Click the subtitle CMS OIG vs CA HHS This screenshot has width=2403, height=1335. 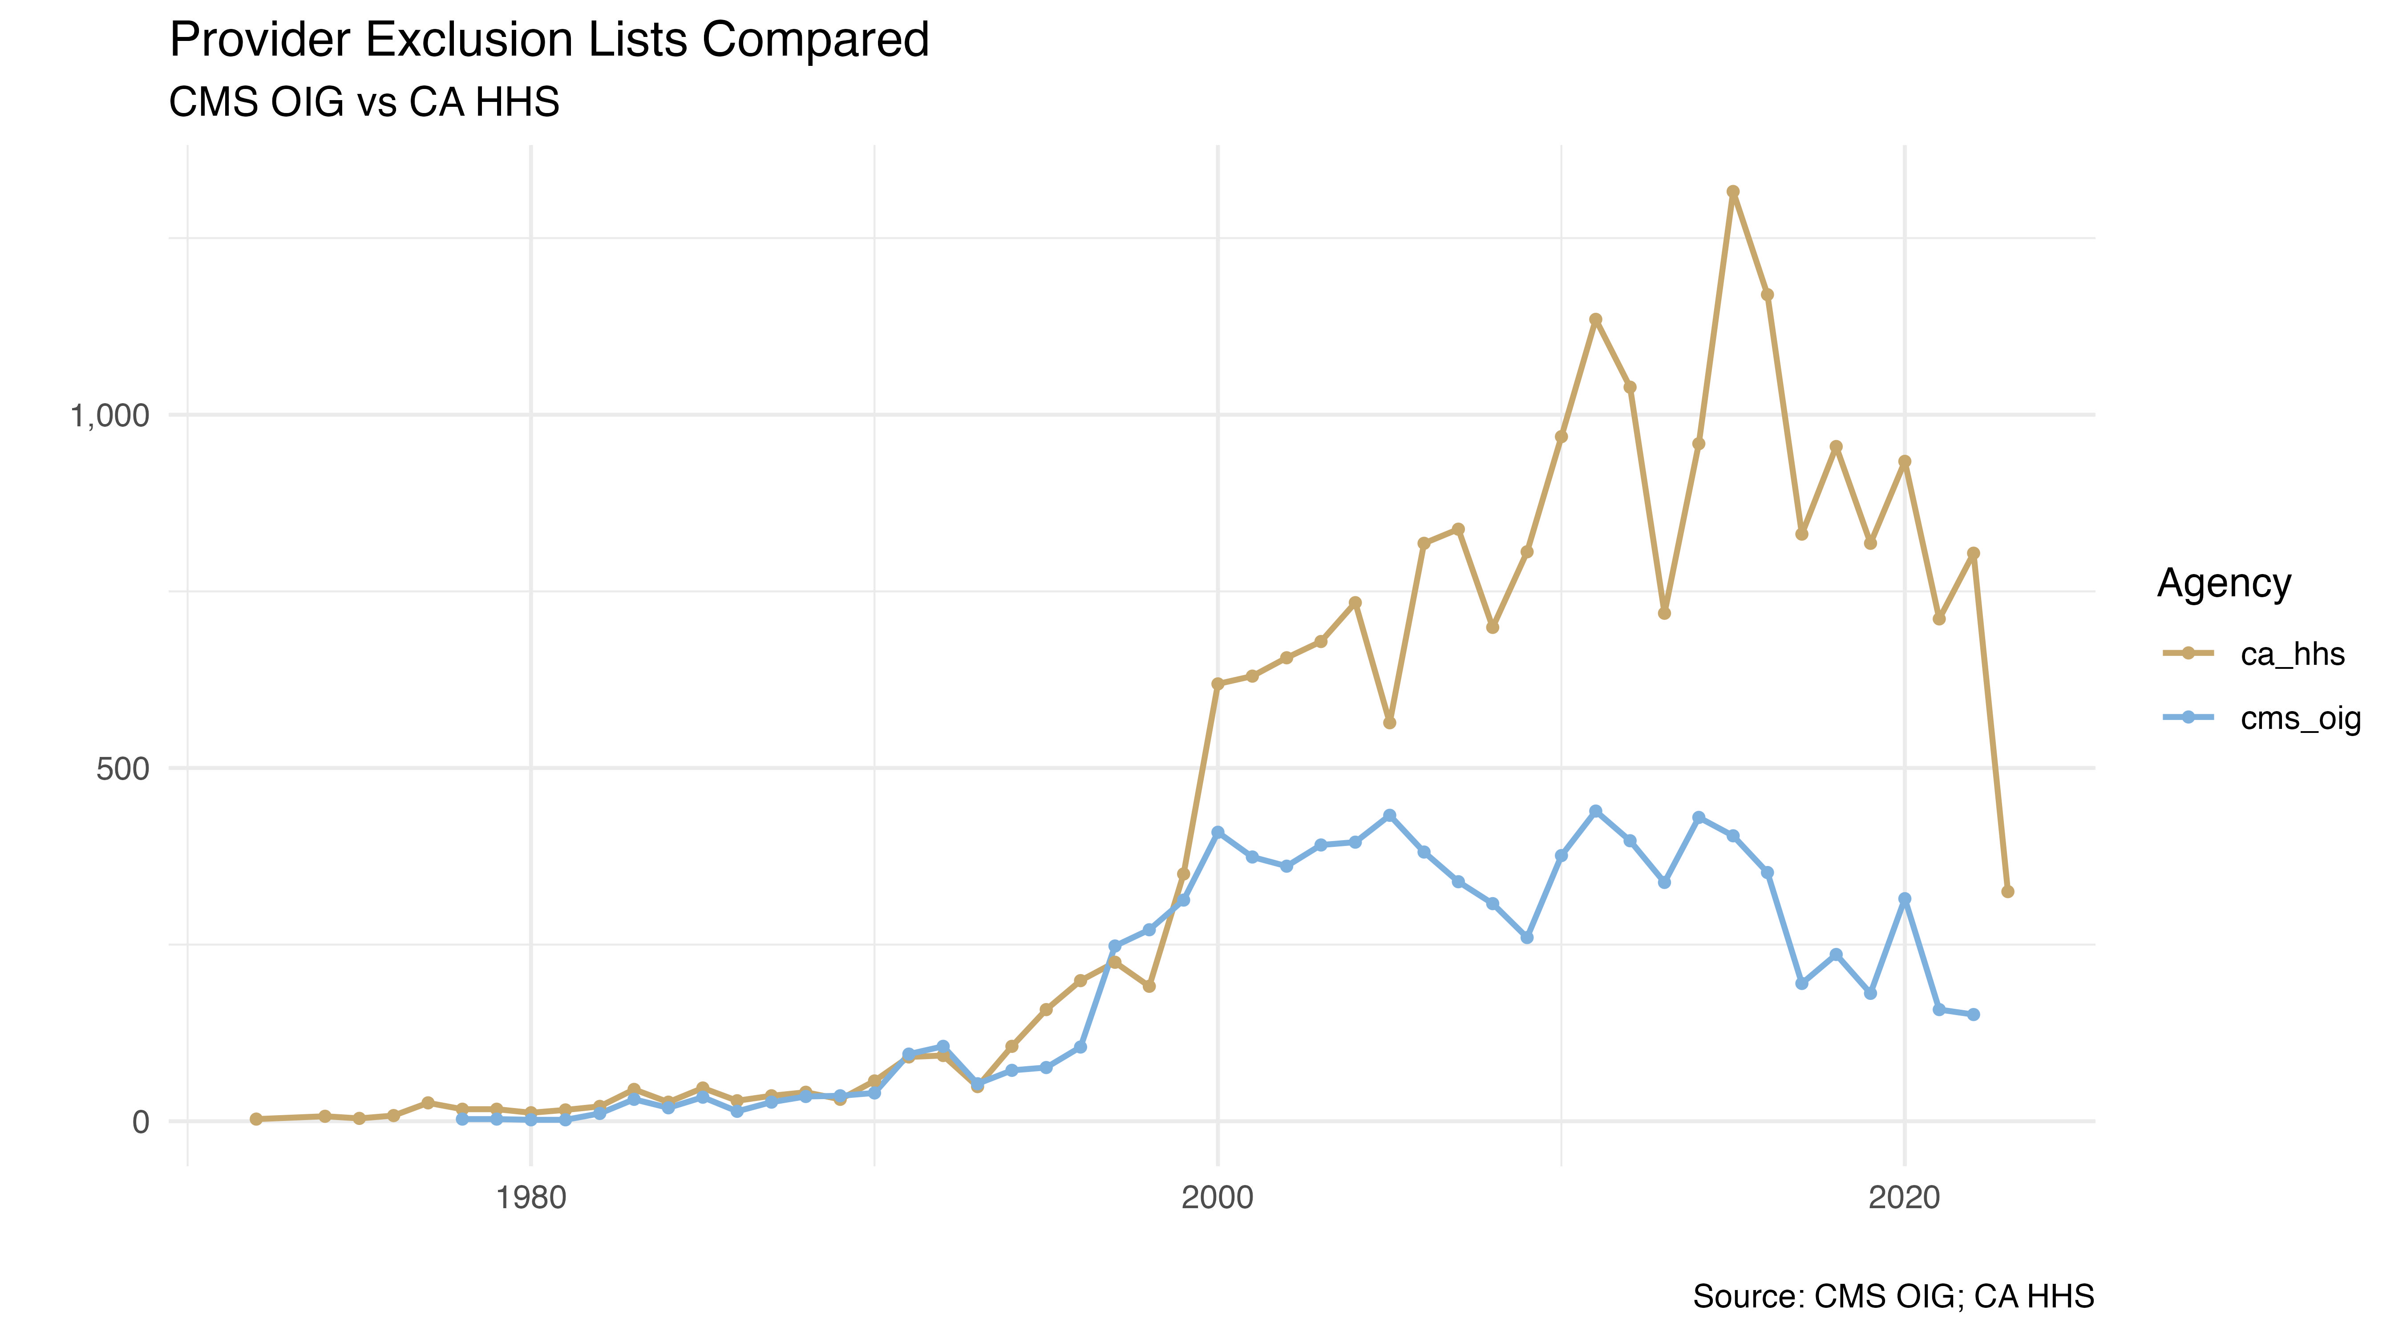[x=364, y=102]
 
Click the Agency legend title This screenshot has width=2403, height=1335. [x=2224, y=583]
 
